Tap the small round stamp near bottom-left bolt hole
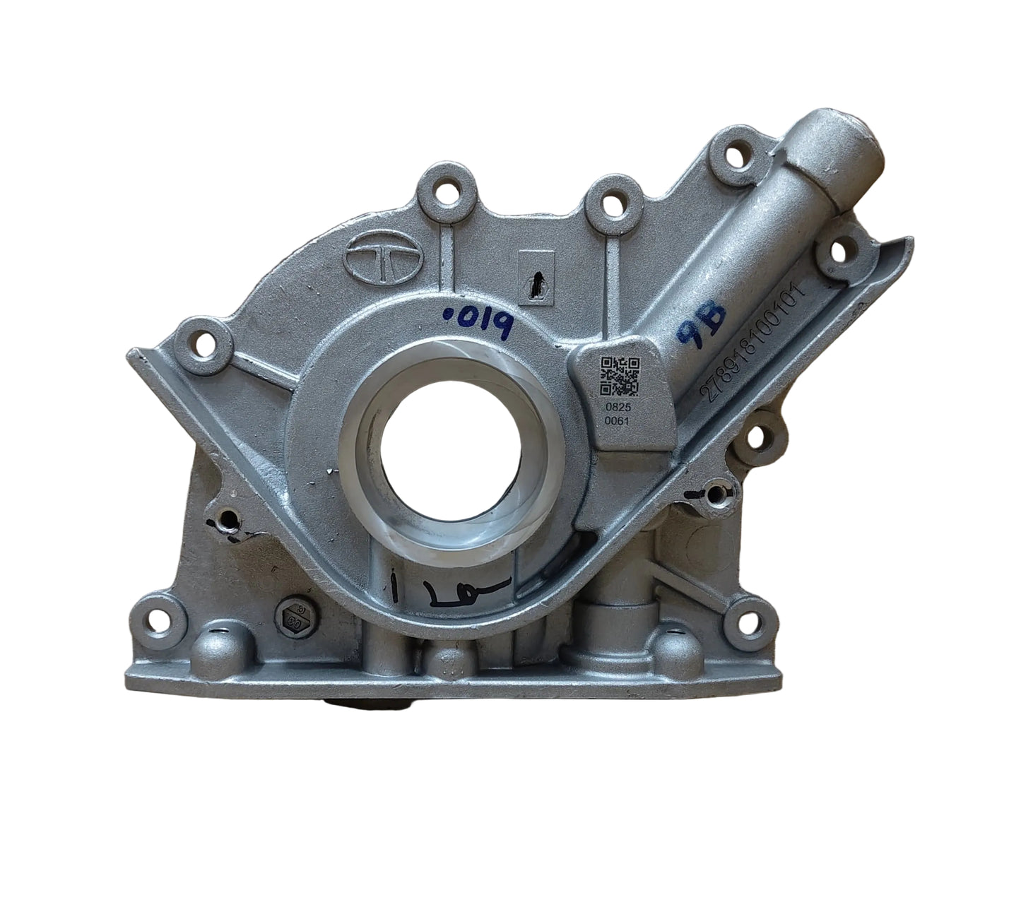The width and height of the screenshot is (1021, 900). tap(290, 618)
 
